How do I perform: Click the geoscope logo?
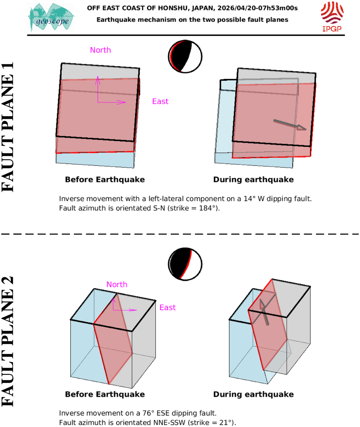(x=51, y=17)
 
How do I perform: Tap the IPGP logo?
(x=332, y=16)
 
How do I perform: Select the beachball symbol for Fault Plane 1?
(x=185, y=57)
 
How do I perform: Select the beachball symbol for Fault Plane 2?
(x=185, y=264)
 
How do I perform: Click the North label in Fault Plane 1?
(x=100, y=50)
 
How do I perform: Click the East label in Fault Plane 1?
(x=160, y=102)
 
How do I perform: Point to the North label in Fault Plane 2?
(x=117, y=285)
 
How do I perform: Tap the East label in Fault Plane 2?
(x=167, y=308)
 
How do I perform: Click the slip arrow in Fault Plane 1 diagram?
(x=289, y=125)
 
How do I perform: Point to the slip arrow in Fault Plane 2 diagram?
(x=264, y=311)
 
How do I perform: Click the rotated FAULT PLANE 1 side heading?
(x=8, y=127)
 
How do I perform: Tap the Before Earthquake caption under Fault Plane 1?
(x=105, y=180)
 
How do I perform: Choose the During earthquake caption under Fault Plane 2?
(x=253, y=394)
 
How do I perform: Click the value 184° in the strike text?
(x=208, y=208)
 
